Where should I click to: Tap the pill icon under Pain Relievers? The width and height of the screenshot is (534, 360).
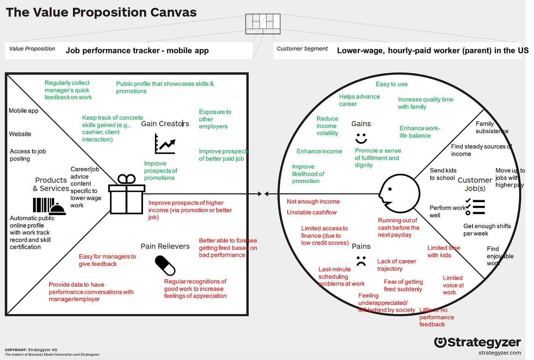(x=165, y=265)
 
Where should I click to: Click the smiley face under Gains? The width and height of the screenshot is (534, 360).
(x=361, y=138)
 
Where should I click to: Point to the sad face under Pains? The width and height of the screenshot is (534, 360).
(x=361, y=261)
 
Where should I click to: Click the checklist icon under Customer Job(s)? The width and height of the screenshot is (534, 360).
(x=475, y=207)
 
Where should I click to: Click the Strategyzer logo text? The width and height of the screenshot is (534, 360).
(x=478, y=342)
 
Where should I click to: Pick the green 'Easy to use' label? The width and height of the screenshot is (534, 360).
(x=391, y=84)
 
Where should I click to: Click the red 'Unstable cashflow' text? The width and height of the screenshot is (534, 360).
(x=312, y=212)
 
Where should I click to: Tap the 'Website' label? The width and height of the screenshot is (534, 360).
(x=20, y=134)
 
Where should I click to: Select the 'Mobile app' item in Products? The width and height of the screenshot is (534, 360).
(x=24, y=111)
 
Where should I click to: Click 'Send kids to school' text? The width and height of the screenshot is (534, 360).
(x=442, y=174)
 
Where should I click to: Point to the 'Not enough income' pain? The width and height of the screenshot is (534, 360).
(x=313, y=202)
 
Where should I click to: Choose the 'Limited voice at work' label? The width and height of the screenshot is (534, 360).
(x=453, y=285)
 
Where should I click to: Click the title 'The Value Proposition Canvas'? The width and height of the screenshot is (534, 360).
(x=101, y=13)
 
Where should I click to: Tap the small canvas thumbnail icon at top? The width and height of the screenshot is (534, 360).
(x=263, y=24)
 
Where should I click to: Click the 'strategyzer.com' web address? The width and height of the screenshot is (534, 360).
(x=500, y=353)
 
